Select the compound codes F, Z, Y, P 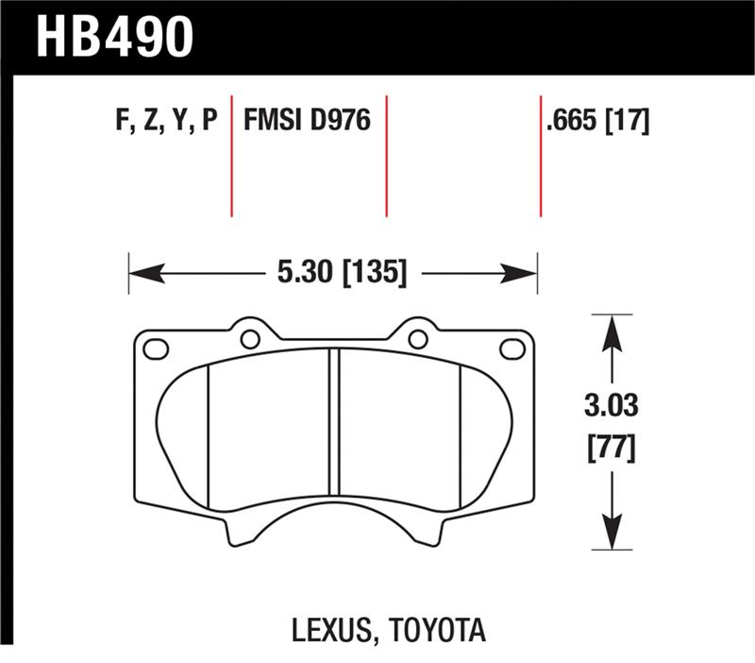(164, 121)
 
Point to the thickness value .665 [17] (597, 121)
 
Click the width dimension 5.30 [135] (342, 274)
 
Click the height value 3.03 (612, 409)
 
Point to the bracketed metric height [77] (612, 446)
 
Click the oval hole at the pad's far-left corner (155, 348)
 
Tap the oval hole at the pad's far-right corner (512, 348)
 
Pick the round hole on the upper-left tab (250, 338)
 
